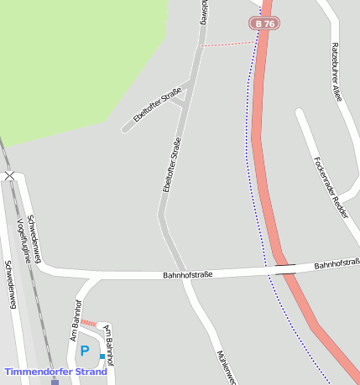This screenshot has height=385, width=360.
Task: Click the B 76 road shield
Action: [x=263, y=23]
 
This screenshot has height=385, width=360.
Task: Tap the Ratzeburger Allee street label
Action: [x=336, y=71]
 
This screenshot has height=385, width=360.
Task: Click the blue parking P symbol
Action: [x=84, y=351]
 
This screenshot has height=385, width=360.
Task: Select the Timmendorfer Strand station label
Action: [x=55, y=372]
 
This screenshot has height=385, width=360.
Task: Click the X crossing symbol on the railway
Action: [x=9, y=175]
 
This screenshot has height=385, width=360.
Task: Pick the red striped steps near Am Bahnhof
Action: [x=88, y=323]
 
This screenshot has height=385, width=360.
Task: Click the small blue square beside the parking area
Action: [x=103, y=356]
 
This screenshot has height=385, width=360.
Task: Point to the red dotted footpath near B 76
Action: [x=227, y=43]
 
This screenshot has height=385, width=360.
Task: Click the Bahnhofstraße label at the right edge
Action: [x=337, y=264]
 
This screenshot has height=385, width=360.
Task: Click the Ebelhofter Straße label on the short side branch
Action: [x=157, y=104]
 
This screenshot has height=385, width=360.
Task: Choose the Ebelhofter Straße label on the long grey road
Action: [x=172, y=164]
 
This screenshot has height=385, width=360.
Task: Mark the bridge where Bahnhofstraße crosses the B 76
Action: [x=285, y=268]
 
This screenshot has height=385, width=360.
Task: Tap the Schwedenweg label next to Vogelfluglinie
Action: [x=39, y=237]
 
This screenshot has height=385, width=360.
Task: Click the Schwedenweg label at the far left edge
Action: [x=11, y=285]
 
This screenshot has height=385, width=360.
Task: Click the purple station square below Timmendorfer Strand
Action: [x=55, y=382]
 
